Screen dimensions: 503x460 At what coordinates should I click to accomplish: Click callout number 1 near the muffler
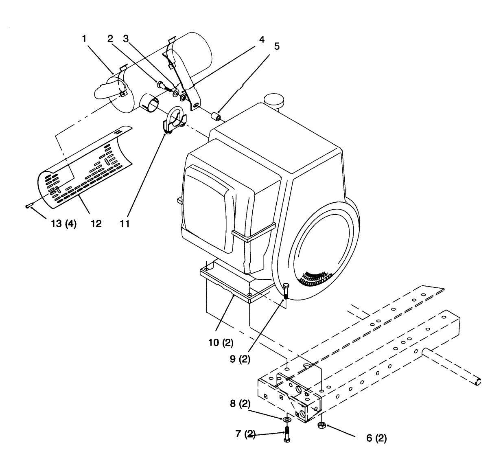coord(84,39)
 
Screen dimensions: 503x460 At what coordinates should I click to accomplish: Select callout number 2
coord(110,39)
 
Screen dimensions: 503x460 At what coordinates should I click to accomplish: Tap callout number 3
coord(126,39)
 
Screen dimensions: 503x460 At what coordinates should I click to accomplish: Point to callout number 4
coord(262,39)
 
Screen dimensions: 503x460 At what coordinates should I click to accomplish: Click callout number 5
coord(277,46)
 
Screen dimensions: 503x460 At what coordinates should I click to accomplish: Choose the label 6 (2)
coord(376,438)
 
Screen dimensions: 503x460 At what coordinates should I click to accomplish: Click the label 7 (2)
coord(245,434)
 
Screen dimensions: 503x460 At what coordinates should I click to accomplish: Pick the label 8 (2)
coord(240,403)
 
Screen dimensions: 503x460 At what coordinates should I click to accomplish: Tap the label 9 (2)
coord(240,359)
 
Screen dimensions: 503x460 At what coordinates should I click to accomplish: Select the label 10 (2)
coord(221,342)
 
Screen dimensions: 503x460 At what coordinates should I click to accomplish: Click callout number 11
coord(125,223)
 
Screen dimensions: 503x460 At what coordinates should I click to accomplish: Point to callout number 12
coord(96,223)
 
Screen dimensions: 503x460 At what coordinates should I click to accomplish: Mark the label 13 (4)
coord(64,223)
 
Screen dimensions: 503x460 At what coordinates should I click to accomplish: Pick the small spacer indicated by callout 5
coord(217,117)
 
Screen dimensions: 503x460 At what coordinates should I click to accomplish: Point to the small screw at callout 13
coord(29,206)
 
